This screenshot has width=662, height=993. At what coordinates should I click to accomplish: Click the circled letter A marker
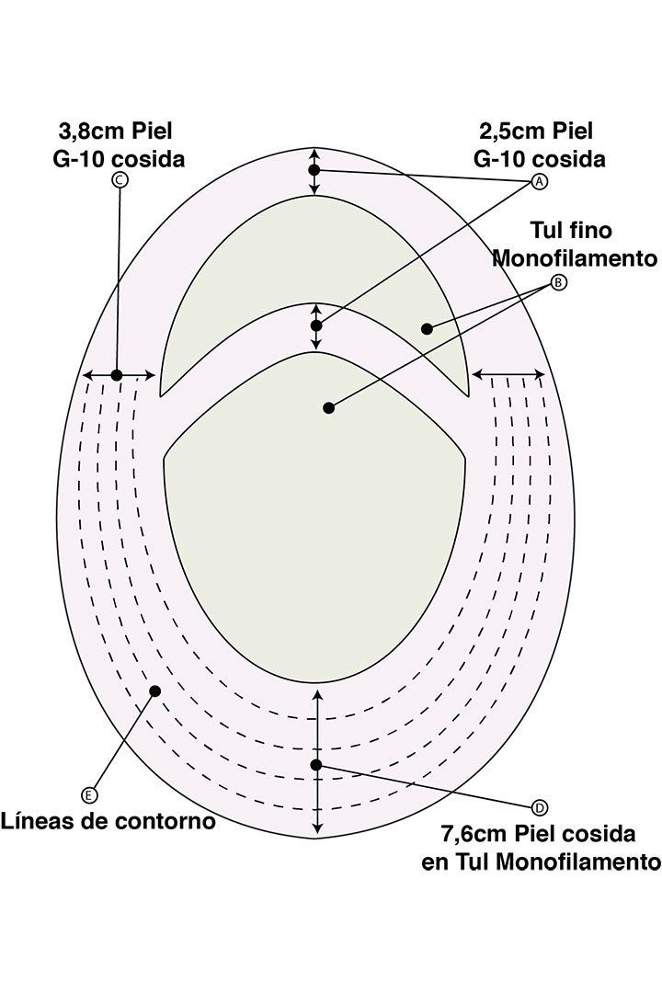coord(539,182)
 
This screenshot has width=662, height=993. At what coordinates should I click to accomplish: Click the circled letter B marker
coord(558,282)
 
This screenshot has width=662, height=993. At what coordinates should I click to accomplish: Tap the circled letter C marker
coord(119,180)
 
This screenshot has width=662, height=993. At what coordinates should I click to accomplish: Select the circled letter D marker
coord(540,807)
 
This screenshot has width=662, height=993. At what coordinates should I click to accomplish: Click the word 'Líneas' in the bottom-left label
coord(38,821)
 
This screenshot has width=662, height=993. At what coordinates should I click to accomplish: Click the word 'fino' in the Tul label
coord(590,230)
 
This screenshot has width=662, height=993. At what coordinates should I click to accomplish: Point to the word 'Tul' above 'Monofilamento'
coord(546,230)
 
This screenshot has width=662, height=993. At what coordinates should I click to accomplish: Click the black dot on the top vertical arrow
coord(314,170)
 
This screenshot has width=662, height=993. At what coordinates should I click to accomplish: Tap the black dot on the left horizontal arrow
coord(117,375)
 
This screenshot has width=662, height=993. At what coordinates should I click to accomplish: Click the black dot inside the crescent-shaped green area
coord(427,328)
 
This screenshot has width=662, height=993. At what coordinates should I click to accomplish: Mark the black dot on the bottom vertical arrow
coord(316,765)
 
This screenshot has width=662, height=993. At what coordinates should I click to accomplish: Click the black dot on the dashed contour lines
coord(154,691)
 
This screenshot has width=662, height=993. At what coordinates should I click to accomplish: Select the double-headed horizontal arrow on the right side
coord(508,375)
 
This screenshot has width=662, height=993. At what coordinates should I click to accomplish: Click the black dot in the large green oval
coord(328,408)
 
